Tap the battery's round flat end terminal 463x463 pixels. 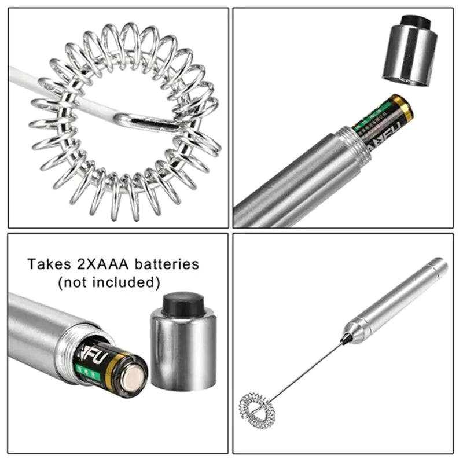click(x=132, y=379)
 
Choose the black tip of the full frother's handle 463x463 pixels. click(x=347, y=338)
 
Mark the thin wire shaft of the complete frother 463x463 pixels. click(x=307, y=370)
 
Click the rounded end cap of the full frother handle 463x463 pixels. click(x=439, y=266)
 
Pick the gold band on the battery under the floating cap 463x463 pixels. click(x=403, y=108)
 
